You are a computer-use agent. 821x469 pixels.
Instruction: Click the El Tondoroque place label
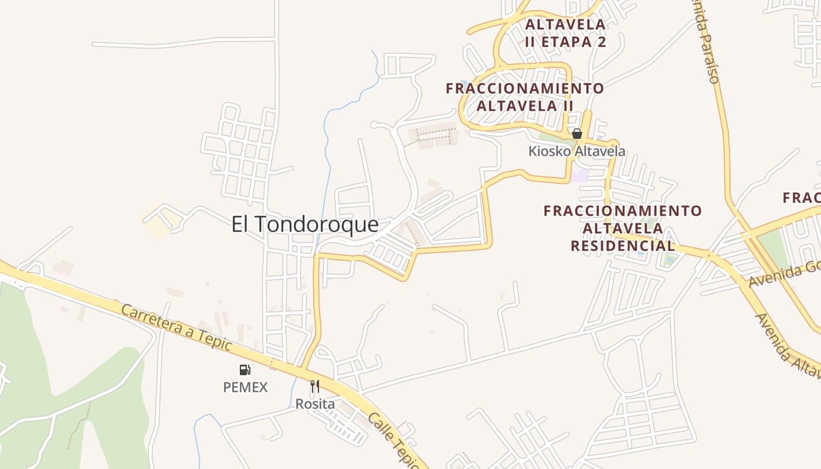pos(304,225)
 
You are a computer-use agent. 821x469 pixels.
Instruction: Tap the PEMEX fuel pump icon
pos(245,369)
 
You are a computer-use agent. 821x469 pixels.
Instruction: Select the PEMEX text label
pos(245,388)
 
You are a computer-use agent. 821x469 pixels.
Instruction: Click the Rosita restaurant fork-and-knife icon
pos(315,386)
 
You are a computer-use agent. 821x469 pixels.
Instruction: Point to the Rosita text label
pos(315,404)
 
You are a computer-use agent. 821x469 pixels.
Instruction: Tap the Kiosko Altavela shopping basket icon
pos(576,134)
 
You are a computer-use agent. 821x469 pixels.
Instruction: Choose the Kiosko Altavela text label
pos(576,151)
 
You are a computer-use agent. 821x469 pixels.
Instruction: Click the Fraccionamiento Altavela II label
pos(525,97)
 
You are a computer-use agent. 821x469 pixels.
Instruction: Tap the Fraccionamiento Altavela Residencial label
pos(623,228)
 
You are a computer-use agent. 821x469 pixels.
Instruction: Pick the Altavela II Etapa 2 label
pos(565,33)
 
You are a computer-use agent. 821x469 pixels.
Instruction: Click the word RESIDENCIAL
pos(623,246)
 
